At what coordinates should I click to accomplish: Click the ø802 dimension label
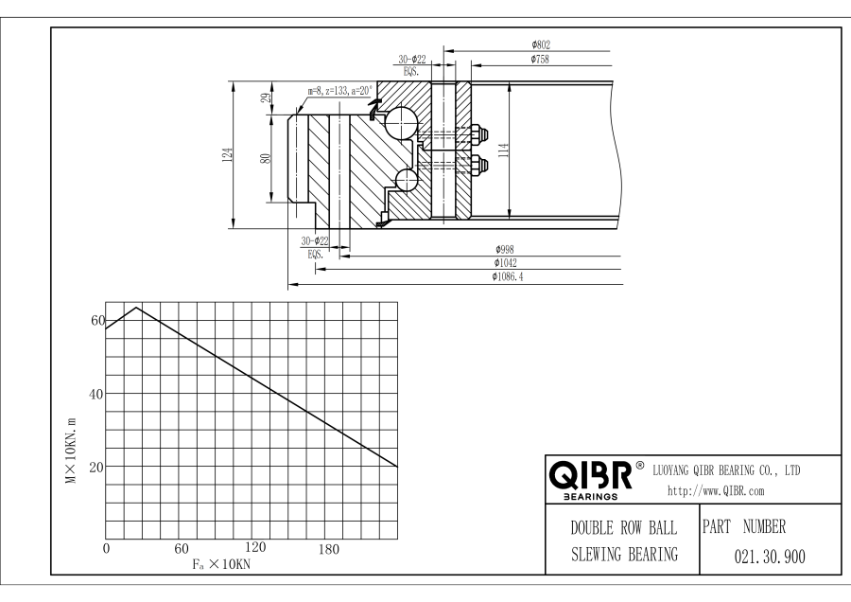click(x=542, y=44)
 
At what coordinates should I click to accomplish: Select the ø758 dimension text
click(x=542, y=60)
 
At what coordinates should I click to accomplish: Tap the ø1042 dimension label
click(x=505, y=263)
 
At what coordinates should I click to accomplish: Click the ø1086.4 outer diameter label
click(x=510, y=276)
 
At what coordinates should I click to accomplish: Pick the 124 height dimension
click(x=227, y=154)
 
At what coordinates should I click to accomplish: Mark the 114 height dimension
click(x=503, y=149)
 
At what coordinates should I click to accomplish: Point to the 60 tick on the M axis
click(x=95, y=320)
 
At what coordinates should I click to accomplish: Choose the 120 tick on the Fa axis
click(x=254, y=548)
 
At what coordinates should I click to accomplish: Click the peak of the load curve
click(x=137, y=308)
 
